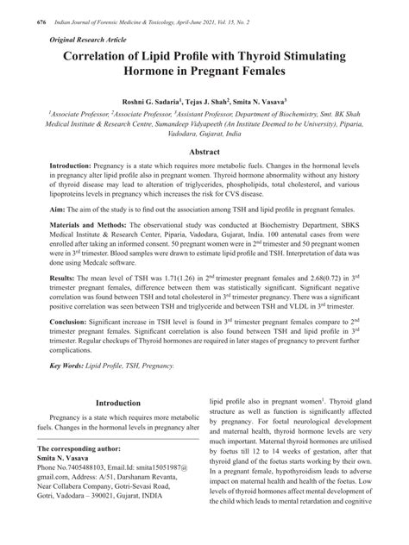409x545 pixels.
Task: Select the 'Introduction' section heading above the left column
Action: (x=118, y=403)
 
